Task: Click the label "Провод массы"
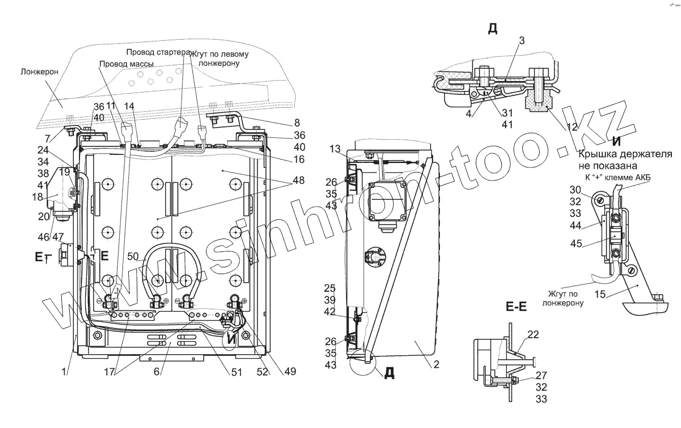(126, 64)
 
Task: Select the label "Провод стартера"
(158, 52)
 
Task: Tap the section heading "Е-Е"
(516, 308)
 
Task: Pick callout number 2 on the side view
(436, 365)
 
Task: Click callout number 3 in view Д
(522, 40)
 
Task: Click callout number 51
(236, 372)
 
